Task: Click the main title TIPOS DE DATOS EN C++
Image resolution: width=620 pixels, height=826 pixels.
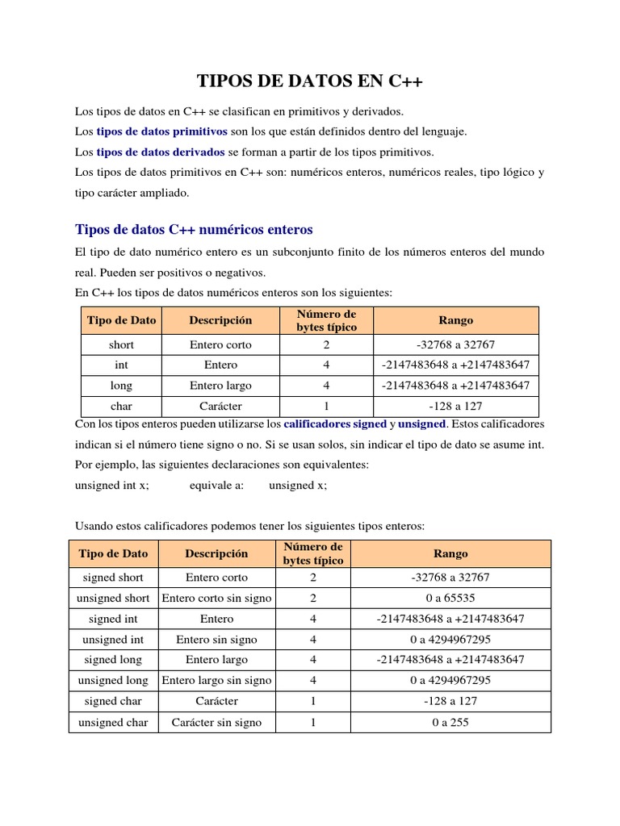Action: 310,81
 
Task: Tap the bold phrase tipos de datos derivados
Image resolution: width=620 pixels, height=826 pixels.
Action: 161,152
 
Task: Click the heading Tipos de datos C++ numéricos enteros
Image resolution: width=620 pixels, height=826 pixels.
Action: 193,229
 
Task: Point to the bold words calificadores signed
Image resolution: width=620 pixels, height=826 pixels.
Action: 335,423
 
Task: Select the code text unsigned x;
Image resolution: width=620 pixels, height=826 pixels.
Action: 298,485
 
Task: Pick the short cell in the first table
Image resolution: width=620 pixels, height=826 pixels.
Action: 121,344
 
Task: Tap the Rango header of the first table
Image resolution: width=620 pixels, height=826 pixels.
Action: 455,320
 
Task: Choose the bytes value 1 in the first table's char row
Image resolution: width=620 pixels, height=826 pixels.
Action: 326,407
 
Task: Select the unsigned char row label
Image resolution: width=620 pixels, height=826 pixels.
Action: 113,723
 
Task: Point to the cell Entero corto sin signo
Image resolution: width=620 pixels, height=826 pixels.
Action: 216,599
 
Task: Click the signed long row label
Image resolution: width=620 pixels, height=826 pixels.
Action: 113,660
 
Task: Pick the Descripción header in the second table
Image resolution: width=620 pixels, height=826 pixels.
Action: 216,554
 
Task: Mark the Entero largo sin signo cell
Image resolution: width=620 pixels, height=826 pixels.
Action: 216,681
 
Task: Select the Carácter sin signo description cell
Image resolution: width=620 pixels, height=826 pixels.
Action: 216,723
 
